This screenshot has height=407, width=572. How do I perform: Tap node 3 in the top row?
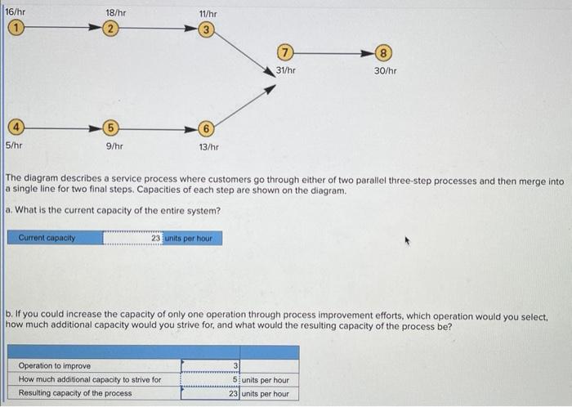coord(208,31)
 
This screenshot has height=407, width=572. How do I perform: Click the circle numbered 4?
coord(13,128)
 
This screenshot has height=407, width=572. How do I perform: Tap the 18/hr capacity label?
coord(116,14)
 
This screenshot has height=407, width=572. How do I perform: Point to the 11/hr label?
coord(208,14)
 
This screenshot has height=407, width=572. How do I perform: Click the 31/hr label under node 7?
coord(285,71)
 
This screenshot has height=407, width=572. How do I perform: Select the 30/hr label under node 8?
coord(386,71)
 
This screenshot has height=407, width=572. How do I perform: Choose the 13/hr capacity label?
coord(208,146)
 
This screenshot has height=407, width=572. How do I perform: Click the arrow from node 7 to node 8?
coord(335,55)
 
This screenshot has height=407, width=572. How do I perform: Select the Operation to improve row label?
coord(55,366)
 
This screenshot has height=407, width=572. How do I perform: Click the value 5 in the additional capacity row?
coord(235,380)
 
